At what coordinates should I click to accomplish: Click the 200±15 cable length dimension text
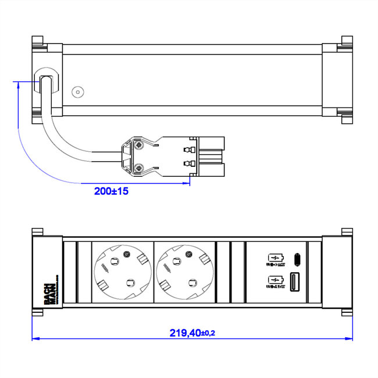111,190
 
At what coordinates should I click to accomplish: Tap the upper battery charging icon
274,258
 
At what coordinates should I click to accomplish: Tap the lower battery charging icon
274,280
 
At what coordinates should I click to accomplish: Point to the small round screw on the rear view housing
77,92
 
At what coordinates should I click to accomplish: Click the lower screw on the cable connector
139,168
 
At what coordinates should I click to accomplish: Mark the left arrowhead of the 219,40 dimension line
34,337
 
